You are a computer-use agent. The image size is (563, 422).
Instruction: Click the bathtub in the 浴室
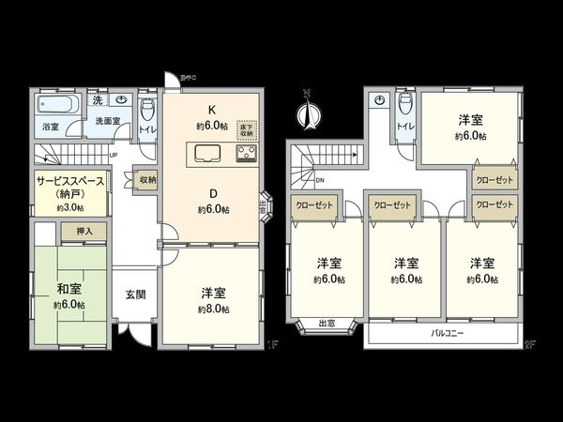click(57, 104)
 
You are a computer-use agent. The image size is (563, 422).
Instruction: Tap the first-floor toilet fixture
click(145, 105)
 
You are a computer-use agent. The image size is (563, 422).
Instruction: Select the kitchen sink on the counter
click(205, 155)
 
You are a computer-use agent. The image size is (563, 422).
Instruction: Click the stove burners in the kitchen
click(246, 155)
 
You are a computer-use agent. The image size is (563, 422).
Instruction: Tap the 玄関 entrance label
click(135, 294)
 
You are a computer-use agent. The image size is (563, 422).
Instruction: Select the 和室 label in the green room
click(69, 290)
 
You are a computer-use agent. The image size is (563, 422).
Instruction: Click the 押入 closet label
click(84, 229)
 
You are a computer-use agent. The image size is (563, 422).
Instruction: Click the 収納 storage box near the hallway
click(147, 181)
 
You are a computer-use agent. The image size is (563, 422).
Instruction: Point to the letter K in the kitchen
click(212, 109)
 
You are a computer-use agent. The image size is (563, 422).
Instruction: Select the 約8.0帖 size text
click(213, 309)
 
